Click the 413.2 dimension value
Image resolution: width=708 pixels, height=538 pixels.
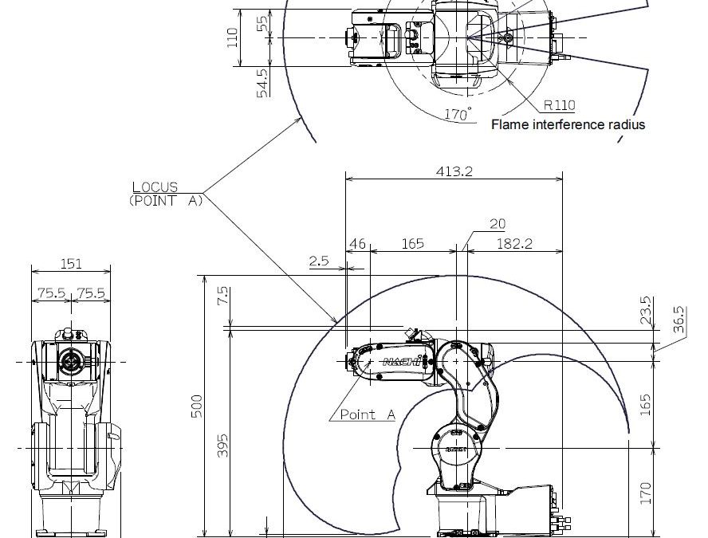click(454, 171)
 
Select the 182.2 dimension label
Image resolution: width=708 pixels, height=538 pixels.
click(514, 244)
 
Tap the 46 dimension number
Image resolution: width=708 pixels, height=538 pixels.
click(358, 244)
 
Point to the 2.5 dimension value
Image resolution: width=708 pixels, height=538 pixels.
click(319, 261)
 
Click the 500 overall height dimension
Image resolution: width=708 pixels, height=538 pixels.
click(197, 406)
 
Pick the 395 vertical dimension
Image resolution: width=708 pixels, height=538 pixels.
click(222, 446)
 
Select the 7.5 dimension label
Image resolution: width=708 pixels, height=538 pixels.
click(222, 296)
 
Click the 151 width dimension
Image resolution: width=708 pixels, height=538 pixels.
click(71, 264)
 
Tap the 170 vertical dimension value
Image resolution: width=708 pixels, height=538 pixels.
click(646, 493)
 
